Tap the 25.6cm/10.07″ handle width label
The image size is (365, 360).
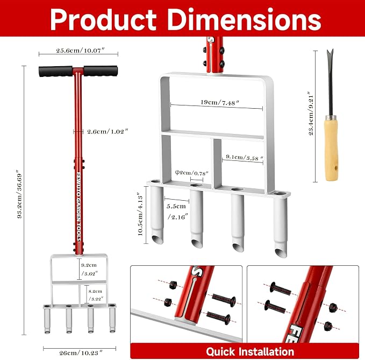pos(80,51)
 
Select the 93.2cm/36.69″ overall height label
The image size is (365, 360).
pos(20,196)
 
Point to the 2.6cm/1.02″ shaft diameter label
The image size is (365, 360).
pos(108,131)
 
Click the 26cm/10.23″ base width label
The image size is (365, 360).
pos(81,353)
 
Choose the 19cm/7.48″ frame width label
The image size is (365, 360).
pos(220,102)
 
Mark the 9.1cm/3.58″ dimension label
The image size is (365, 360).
pos(245,158)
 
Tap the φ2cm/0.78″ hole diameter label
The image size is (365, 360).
pos(191,173)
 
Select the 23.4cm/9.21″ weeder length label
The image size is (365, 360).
pos(311,113)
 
